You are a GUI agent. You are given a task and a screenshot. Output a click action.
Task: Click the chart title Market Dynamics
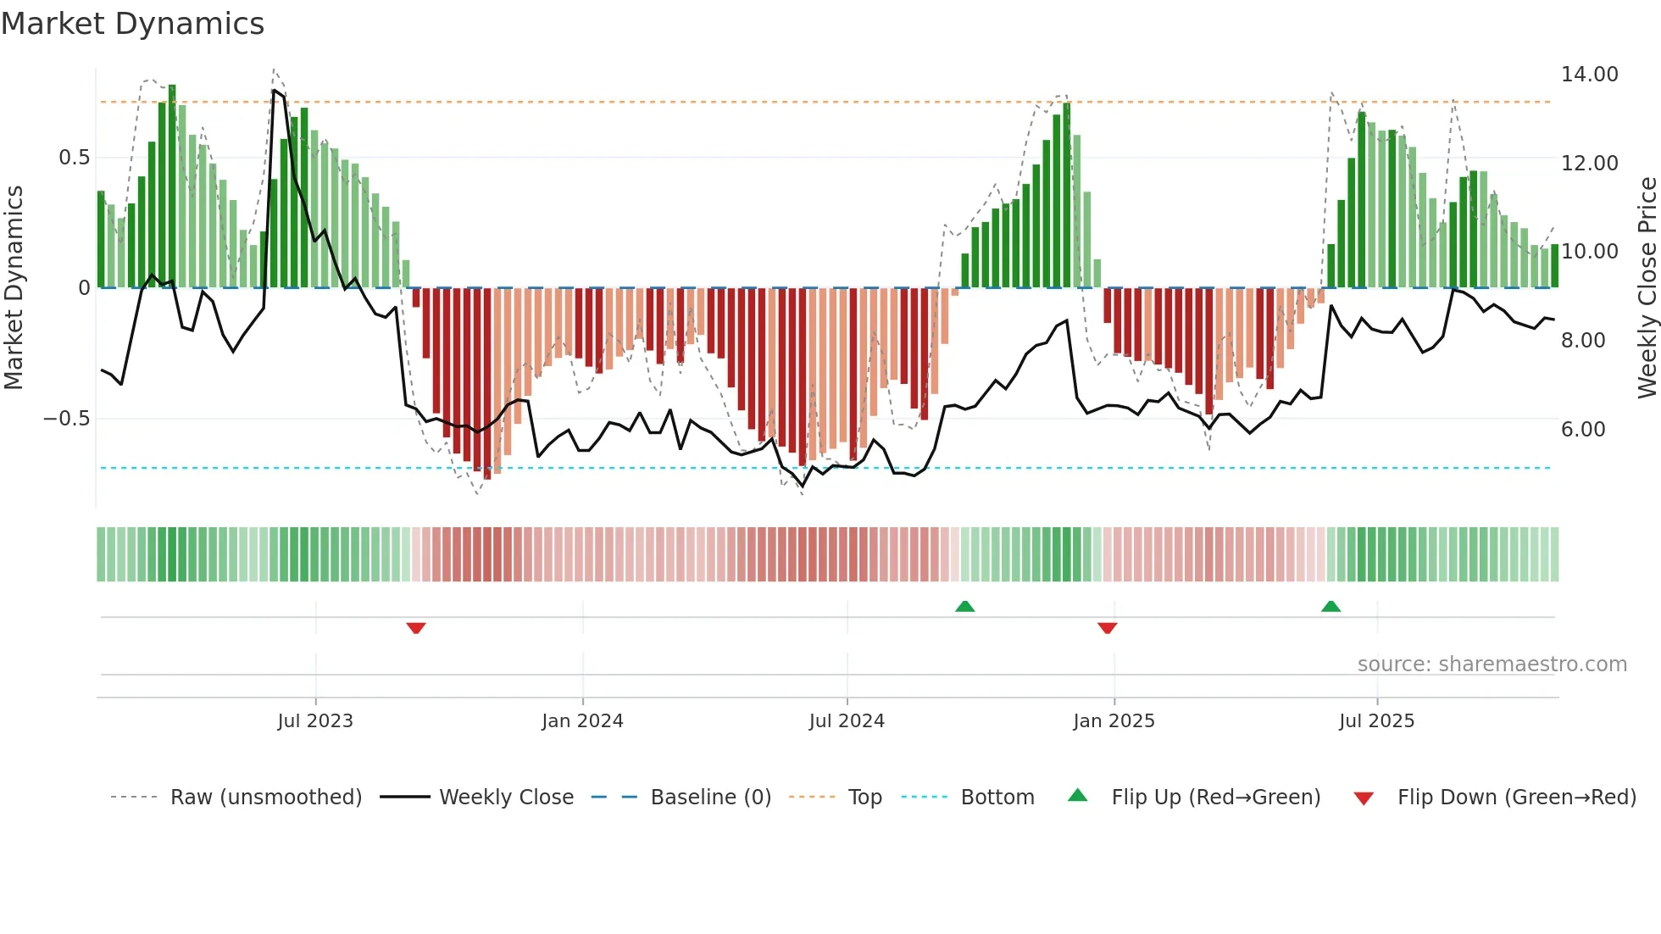[x=133, y=24]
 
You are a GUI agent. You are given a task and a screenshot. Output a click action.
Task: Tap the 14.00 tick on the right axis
[x=1589, y=75]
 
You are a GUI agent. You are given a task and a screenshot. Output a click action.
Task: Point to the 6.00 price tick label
[x=1583, y=430]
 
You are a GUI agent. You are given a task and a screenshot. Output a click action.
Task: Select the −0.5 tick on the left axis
[x=66, y=419]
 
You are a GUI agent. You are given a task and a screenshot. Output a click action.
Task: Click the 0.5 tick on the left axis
[x=74, y=158]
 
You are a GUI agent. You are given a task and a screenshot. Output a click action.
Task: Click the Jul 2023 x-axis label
[x=315, y=721]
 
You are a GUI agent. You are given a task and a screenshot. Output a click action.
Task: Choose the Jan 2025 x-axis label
[x=1114, y=721]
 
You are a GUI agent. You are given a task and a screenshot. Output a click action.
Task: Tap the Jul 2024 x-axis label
[x=847, y=721]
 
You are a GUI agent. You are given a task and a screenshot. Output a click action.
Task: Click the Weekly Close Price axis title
[x=1647, y=288]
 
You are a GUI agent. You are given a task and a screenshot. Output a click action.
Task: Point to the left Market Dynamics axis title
[x=14, y=288]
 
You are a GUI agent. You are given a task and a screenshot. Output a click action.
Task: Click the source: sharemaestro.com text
[x=1492, y=664]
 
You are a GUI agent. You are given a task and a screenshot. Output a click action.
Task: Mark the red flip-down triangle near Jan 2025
[x=1107, y=627]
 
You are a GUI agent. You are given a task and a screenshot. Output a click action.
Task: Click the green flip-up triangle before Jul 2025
[x=1330, y=606]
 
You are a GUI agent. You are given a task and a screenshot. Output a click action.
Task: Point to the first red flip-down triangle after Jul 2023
[x=415, y=627]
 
